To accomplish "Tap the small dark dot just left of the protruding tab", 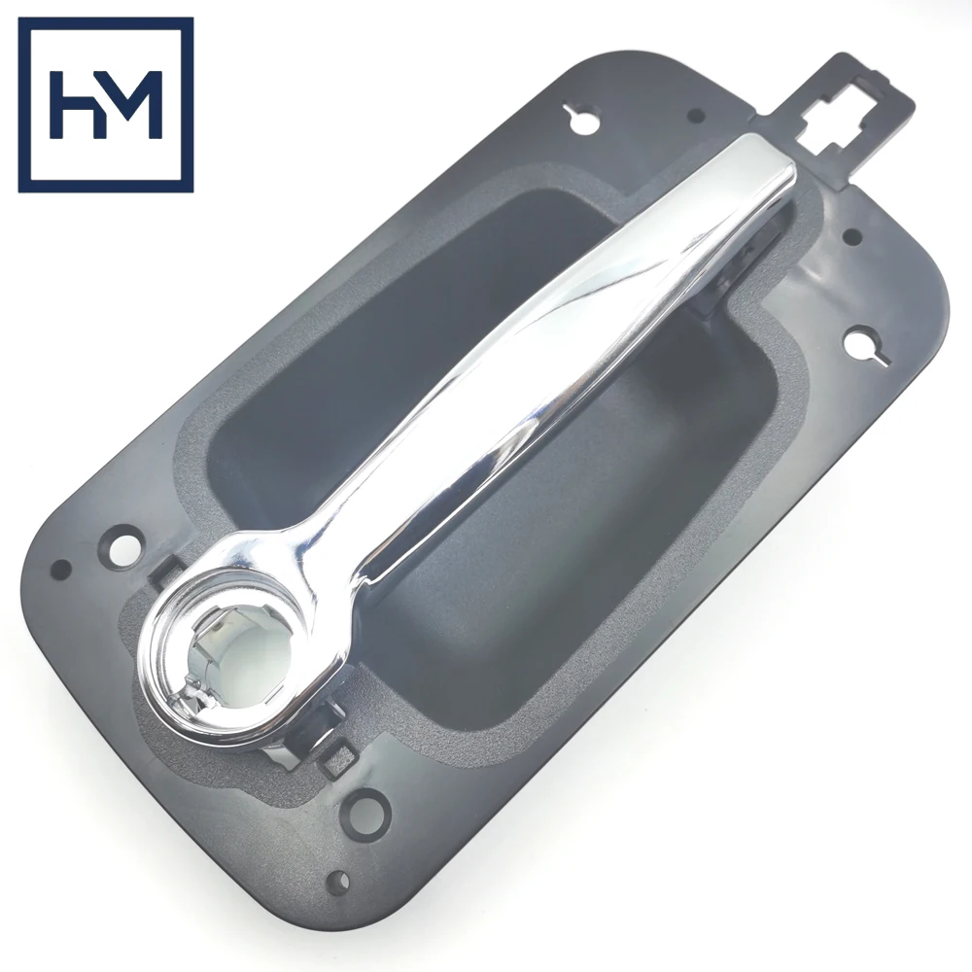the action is coord(696,115).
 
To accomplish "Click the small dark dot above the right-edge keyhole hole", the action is coord(852,236).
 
